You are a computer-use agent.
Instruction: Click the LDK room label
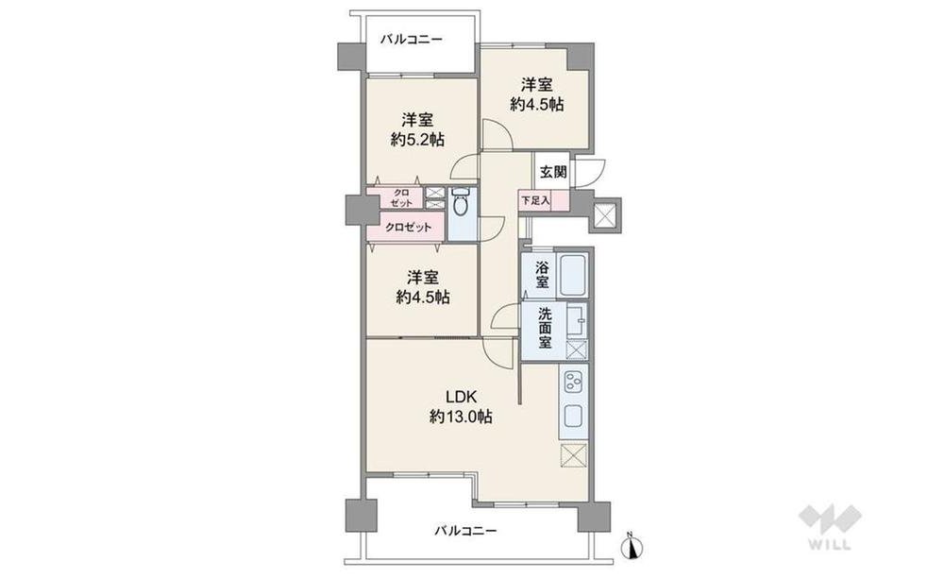462,397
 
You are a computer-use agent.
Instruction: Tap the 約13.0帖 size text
462,416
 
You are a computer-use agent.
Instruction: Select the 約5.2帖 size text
418,140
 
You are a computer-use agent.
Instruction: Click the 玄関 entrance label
552,172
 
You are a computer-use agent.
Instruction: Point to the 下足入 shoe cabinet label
535,200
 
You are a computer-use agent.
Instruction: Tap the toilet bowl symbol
461,205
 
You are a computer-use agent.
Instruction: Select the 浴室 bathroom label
543,274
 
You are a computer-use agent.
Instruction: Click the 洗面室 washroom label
545,329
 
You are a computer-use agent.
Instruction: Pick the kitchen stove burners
573,381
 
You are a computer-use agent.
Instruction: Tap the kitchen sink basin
573,415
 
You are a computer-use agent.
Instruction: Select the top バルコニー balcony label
412,40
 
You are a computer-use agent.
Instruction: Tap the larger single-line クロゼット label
409,228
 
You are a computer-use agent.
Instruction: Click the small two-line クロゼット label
401,197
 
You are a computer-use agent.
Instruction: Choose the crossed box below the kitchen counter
573,455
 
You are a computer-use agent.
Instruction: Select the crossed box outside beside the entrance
604,213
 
